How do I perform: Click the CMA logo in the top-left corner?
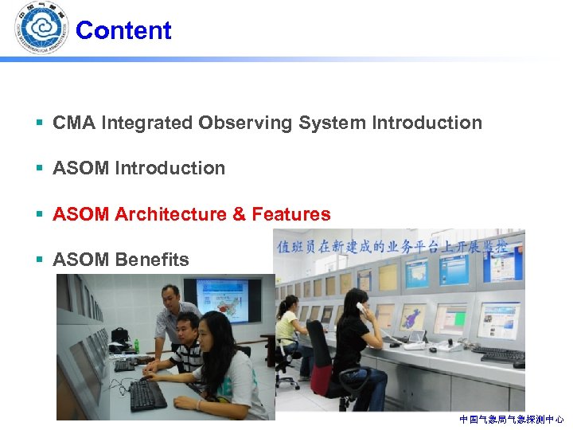click(40, 28)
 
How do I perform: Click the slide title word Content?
click(123, 30)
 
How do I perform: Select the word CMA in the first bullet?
click(72, 123)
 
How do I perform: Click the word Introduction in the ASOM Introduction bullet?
click(170, 168)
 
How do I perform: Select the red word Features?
click(290, 214)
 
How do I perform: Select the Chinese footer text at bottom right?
click(511, 419)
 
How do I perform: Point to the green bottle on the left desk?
click(137, 346)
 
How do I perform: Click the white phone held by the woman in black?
click(360, 307)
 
